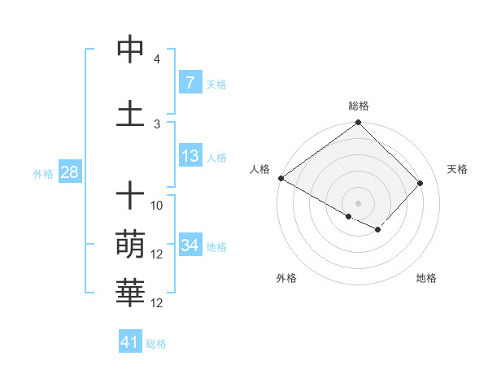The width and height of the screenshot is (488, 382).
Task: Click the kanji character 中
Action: [130, 50]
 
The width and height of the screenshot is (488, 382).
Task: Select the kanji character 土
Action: [130, 113]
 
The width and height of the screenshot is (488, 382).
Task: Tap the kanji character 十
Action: [130, 195]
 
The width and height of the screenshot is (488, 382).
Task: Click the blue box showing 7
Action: [190, 83]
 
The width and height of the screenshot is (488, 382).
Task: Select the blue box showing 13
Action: [190, 156]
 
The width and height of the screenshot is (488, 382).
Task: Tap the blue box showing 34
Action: [190, 245]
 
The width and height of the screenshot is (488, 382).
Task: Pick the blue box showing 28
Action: [69, 172]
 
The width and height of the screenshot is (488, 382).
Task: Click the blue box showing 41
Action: [130, 342]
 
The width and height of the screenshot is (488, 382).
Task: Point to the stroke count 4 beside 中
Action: [157, 59]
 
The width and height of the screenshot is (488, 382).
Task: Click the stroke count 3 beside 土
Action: [157, 124]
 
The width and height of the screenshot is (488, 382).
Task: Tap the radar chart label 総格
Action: [359, 106]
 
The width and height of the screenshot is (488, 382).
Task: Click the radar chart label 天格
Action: [457, 169]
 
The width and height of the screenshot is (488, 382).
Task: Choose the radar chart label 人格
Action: [260, 169]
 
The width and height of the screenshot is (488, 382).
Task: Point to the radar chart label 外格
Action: [286, 278]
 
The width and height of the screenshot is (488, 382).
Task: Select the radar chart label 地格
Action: [426, 278]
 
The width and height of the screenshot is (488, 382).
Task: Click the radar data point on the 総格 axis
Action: [358, 124]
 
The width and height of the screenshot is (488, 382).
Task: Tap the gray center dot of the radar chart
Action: [358, 202]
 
